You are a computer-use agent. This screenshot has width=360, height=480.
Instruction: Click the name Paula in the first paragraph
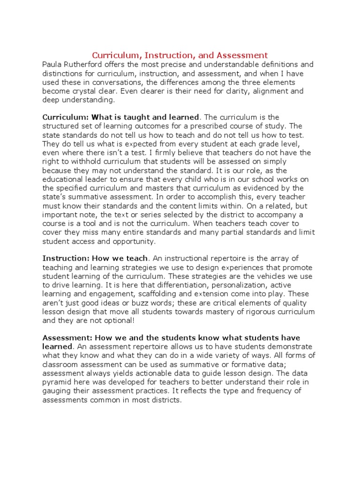[52, 65]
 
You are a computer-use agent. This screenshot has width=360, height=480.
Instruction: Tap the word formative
[257, 365]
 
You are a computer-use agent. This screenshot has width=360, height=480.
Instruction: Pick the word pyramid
[58, 382]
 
